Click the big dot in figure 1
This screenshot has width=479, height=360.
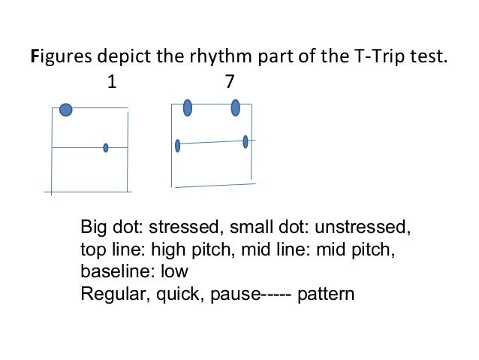tap(66, 110)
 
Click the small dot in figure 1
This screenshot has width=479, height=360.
tap(106, 148)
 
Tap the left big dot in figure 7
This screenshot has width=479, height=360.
tap(188, 108)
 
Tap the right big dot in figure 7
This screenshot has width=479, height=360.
tap(236, 107)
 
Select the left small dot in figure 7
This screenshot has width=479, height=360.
tap(177, 145)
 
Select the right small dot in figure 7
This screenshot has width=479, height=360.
tap(246, 141)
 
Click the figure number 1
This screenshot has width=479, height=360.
tap(112, 83)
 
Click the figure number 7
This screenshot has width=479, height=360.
tap(229, 83)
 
